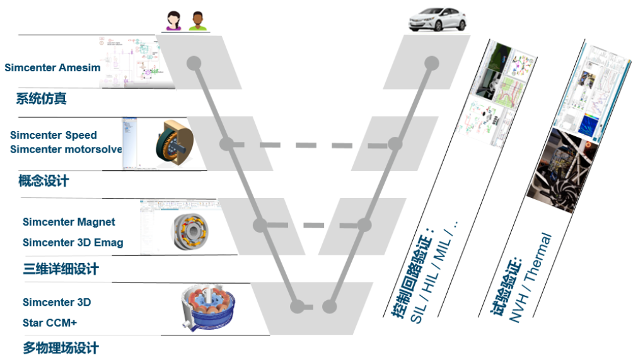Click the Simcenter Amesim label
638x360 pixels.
(x=52, y=67)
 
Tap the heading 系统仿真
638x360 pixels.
(x=41, y=98)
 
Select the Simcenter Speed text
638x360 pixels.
(x=54, y=135)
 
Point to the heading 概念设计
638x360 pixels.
(x=43, y=181)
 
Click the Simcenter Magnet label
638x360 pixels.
(x=69, y=222)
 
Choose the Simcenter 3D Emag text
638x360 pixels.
(x=72, y=242)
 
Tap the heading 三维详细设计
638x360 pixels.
(x=61, y=269)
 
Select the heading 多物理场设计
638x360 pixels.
(x=61, y=348)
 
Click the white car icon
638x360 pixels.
(x=437, y=21)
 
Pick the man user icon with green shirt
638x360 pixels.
(x=197, y=21)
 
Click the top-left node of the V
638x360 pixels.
(x=194, y=63)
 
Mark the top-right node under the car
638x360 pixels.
(x=431, y=63)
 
